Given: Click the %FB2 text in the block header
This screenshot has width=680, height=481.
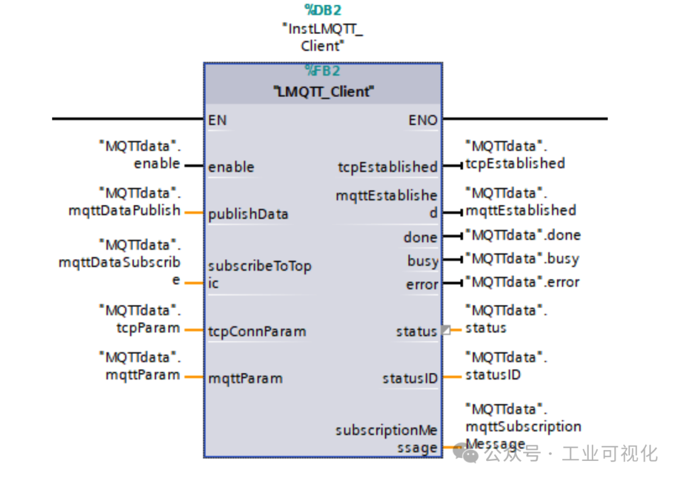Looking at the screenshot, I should click(322, 70).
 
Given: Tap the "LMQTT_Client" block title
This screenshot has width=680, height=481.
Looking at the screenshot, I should click(324, 92).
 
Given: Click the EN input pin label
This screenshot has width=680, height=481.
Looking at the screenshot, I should click(218, 120).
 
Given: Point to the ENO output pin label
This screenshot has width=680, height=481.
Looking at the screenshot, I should click(422, 120).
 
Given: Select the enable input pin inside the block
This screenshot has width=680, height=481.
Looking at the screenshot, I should click(231, 167).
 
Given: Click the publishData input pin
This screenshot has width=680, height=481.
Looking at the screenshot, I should click(248, 214).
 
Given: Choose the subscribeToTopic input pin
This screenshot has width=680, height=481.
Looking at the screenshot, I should click(259, 275).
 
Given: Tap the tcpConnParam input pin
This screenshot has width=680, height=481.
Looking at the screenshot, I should click(257, 331).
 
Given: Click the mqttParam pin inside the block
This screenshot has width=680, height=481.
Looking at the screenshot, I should click(245, 379).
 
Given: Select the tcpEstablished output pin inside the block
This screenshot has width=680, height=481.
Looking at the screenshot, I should click(387, 167).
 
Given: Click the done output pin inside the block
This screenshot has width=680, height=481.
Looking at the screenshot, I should click(420, 238).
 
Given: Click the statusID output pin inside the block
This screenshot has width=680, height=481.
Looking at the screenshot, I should click(409, 379).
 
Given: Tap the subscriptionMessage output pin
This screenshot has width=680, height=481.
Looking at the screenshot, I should click(387, 439).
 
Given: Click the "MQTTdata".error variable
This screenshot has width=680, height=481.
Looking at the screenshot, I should click(522, 282).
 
